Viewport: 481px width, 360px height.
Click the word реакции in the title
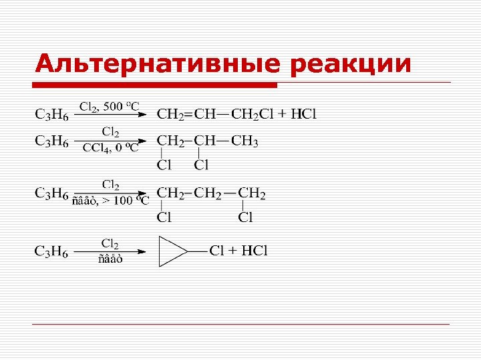(351, 64)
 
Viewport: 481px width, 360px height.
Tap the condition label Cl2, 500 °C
(110, 106)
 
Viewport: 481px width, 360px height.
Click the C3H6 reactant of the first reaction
(51, 115)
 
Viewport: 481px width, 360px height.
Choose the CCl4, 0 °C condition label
(110, 149)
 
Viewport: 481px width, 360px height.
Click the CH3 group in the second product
(245, 141)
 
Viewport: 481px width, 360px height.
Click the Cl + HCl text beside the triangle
(238, 251)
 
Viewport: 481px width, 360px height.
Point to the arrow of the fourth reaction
(110, 251)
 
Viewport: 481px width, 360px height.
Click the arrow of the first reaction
(110, 115)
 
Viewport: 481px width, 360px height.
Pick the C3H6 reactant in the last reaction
(51, 251)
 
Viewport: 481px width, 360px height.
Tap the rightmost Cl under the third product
(246, 217)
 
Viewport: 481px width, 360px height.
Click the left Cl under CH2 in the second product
(164, 164)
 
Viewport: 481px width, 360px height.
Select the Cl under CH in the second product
(200, 164)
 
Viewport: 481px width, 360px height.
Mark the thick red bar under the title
(156, 85)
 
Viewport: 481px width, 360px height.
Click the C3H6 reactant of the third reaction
(51, 194)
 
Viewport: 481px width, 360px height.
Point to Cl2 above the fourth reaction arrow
(110, 243)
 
